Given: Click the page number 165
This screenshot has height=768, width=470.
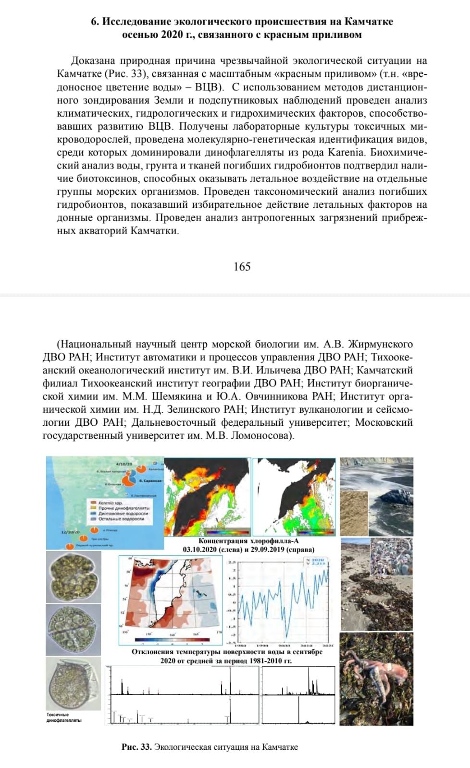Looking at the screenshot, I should [x=242, y=266].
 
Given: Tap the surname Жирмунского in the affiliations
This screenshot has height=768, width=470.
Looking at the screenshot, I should [x=380, y=345].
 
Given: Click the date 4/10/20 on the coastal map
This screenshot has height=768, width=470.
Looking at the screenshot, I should [x=124, y=464].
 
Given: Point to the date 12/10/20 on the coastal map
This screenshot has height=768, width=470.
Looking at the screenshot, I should [x=70, y=532].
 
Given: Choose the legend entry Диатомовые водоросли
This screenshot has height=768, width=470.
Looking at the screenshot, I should [x=123, y=514].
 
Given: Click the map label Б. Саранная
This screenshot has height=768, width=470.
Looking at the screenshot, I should [x=150, y=480].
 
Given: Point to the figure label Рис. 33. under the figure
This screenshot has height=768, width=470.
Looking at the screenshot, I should [x=137, y=747].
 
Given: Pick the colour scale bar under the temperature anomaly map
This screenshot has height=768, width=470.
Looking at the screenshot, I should [x=173, y=640].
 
